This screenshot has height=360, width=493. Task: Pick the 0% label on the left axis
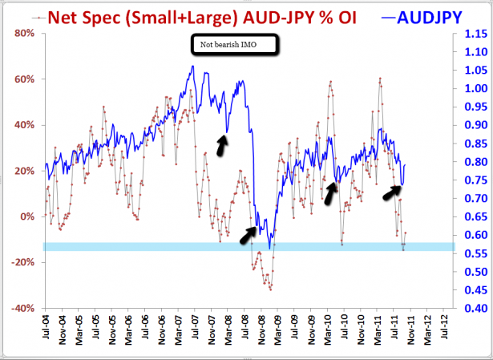coord(25,216)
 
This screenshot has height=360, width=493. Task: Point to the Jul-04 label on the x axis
coord(46,331)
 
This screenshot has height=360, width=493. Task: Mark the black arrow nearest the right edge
coord(391,190)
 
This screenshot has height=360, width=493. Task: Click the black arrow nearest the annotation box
coord(222,144)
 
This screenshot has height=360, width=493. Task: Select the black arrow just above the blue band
coord(248,234)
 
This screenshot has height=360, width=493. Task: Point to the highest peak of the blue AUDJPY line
coord(192,67)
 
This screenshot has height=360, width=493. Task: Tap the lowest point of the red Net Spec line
coord(271,289)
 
